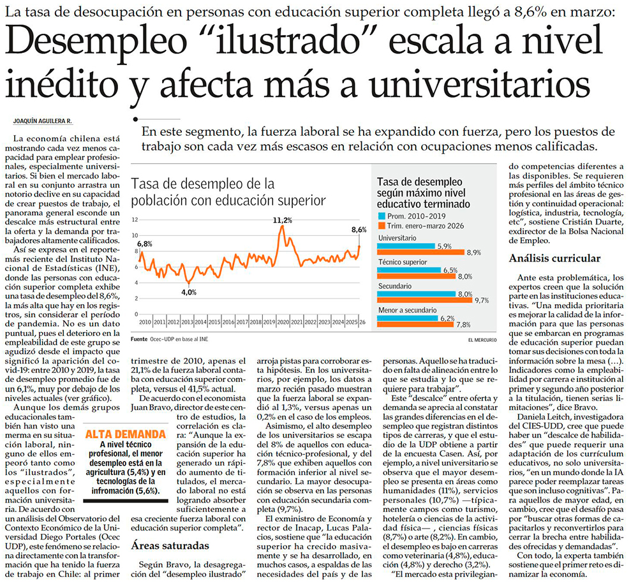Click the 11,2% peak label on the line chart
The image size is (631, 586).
[282, 221]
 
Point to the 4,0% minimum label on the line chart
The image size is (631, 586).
[189, 293]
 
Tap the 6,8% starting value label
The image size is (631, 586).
[144, 244]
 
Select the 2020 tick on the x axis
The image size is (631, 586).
[283, 322]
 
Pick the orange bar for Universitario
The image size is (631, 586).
[421, 252]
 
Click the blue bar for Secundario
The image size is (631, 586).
[416, 294]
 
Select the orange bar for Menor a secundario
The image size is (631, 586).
[415, 324]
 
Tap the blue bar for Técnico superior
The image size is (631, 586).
[409, 270]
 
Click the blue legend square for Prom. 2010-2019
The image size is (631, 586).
[381, 216]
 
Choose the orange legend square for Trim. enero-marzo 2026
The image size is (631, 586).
[381, 226]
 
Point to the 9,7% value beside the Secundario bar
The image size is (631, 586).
[481, 300]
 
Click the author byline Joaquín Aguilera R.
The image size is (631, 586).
[42, 121]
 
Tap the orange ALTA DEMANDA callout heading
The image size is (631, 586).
[126, 434]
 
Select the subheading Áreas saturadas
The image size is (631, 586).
[170, 545]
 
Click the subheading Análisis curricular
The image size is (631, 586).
[554, 258]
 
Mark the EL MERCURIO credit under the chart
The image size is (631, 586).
[482, 340]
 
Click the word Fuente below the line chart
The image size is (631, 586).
[139, 339]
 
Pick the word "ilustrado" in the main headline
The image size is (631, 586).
[293, 41]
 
